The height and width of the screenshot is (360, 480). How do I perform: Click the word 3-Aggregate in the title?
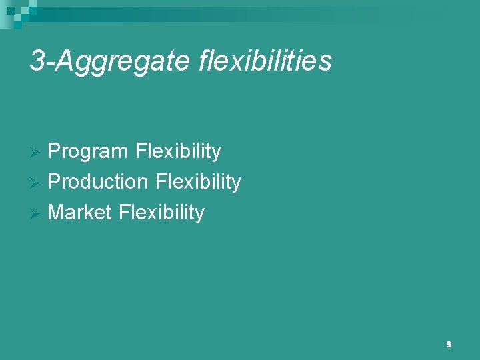pyautogui.click(x=111, y=61)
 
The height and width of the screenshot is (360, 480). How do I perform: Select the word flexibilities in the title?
pyautogui.click(x=265, y=61)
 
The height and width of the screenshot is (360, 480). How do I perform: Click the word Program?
pyautogui.click(x=88, y=152)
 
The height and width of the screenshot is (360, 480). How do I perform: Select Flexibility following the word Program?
pyautogui.click(x=177, y=152)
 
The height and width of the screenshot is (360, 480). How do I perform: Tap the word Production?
pyautogui.click(x=98, y=182)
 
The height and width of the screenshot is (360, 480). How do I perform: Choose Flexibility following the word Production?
pyautogui.click(x=198, y=182)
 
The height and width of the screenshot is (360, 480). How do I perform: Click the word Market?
pyautogui.click(x=80, y=213)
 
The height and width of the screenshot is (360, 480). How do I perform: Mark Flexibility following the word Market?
pyautogui.click(x=161, y=213)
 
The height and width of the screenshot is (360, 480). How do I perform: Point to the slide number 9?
pyautogui.click(x=449, y=345)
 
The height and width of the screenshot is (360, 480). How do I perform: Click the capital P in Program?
pyautogui.click(x=55, y=152)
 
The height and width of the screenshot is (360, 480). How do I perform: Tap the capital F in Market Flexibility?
pyautogui.click(x=124, y=213)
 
